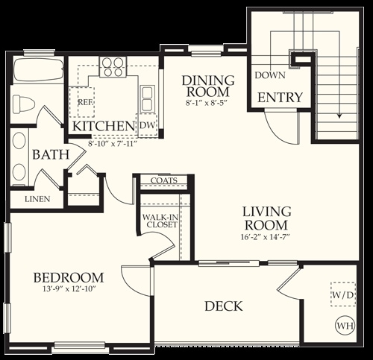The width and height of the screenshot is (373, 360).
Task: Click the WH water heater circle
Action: coord(345,325)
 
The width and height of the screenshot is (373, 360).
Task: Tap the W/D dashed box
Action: coord(343,294)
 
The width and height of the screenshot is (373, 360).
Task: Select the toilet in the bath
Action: coord(24,104)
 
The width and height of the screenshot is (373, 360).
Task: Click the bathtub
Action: coord(38,69)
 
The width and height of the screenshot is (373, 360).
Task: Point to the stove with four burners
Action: coord(113,66)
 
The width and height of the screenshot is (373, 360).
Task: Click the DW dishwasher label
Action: coord(148,125)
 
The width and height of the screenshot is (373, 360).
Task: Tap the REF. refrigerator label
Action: coord(86,102)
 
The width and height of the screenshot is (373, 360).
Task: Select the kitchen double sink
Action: coord(147,98)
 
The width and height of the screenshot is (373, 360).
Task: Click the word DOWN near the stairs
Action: coord(270,75)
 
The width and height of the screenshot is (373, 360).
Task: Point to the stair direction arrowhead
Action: coord(339,116)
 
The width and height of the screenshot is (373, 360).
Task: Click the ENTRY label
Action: coord(280,97)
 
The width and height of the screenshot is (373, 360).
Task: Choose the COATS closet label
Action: coord(164,180)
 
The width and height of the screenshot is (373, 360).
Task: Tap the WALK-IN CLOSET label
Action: coord(160,221)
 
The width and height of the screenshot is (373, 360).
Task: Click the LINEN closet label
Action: coord(37,199)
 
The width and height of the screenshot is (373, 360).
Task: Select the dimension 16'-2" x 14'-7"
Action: coord(266,237)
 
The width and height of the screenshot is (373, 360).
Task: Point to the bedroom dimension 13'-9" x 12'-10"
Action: coord(69,289)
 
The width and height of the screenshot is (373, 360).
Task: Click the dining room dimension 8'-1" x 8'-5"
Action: coord(207,103)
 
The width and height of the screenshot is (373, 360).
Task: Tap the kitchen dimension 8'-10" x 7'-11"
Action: coord(113,144)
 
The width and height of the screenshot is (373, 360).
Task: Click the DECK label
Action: coord(224,306)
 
